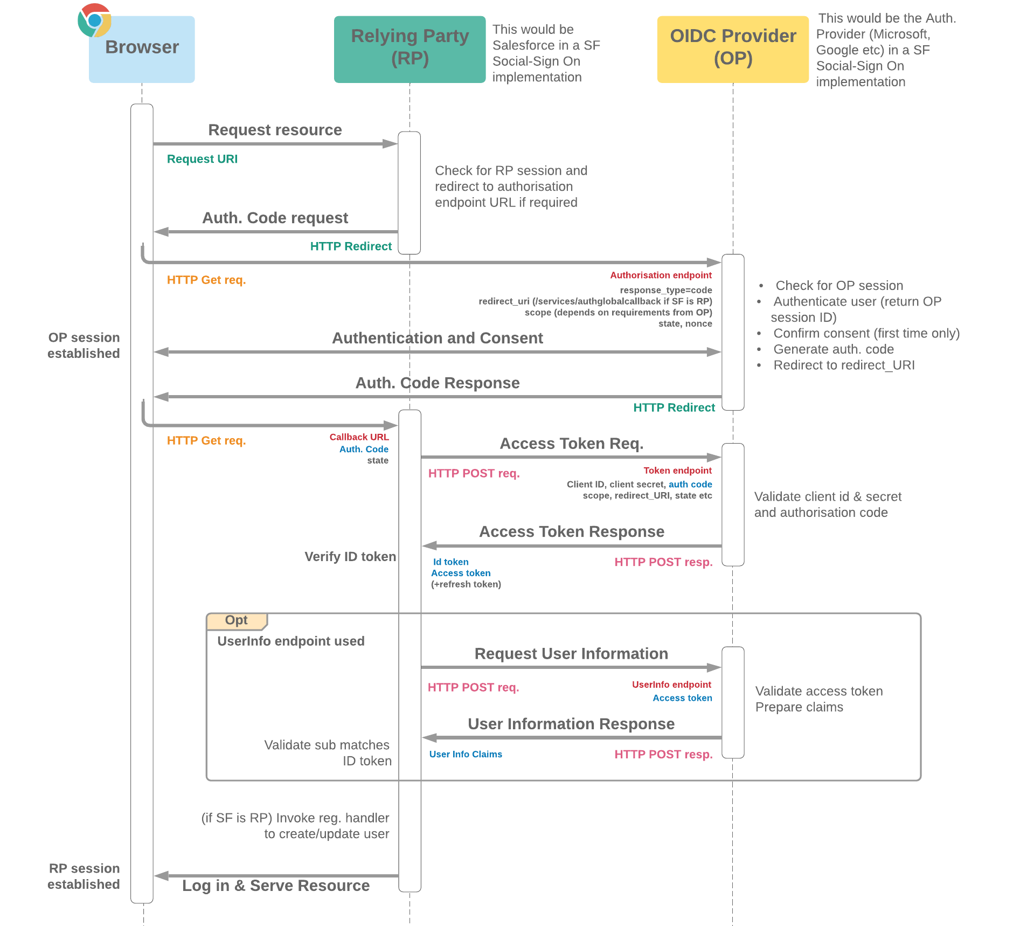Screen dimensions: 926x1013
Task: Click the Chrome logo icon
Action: click(x=94, y=20)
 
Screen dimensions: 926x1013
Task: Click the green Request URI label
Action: click(x=202, y=159)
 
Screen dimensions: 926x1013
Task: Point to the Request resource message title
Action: click(x=275, y=130)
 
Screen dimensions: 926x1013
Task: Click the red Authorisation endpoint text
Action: click(x=661, y=275)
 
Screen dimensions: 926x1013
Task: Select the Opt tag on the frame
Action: click(x=236, y=620)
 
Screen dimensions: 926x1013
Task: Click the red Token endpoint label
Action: click(x=677, y=471)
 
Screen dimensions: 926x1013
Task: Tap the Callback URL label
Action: click(x=359, y=437)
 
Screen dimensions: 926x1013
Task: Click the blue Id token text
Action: click(x=450, y=562)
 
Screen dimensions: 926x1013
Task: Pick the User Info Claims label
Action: click(x=466, y=754)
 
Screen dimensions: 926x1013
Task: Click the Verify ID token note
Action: click(x=350, y=556)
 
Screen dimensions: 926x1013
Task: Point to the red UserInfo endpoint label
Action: click(x=671, y=685)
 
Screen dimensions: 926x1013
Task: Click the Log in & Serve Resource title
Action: click(x=276, y=886)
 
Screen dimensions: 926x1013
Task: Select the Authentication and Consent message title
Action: click(x=437, y=338)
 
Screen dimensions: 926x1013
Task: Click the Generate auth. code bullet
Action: click(x=833, y=349)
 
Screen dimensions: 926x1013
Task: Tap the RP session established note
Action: click(x=84, y=876)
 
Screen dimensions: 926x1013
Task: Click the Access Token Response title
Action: click(x=571, y=531)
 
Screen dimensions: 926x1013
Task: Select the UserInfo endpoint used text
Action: click(x=291, y=641)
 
